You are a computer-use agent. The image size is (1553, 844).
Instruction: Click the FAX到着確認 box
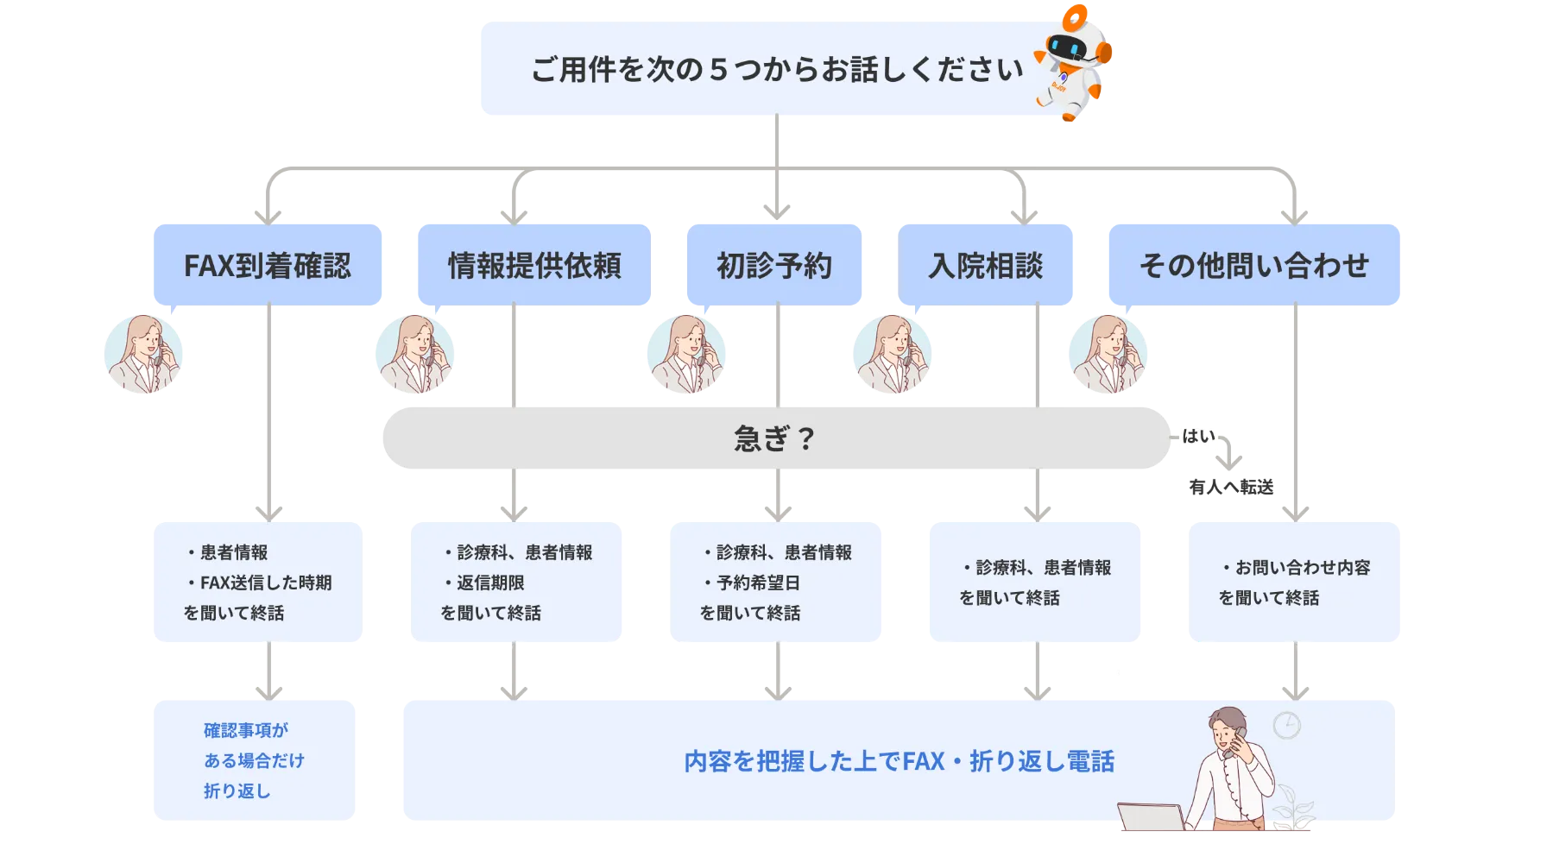(268, 265)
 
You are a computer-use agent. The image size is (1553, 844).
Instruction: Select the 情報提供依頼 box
(534, 265)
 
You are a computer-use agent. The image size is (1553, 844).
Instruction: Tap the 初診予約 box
(773, 265)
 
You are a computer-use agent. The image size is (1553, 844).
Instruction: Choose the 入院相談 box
(986, 265)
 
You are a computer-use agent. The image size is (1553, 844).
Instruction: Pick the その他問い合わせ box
(1253, 265)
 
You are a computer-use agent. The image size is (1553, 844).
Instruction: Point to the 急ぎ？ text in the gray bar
(774, 438)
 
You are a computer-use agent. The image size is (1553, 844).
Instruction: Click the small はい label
(1198, 436)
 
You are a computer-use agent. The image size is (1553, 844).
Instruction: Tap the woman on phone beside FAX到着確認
(144, 356)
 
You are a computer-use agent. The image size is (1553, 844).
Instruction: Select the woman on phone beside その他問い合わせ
(1108, 356)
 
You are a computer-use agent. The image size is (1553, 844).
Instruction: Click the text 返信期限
(490, 583)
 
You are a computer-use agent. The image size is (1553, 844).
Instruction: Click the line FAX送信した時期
(265, 583)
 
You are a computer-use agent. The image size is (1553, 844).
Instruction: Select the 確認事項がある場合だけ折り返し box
(256, 759)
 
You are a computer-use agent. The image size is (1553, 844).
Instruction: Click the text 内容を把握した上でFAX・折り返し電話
(899, 761)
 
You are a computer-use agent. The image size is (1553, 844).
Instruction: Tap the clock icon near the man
(1287, 725)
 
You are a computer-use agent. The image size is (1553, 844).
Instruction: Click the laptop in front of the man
(1151, 818)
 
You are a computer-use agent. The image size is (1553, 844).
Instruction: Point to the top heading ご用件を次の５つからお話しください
(777, 69)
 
